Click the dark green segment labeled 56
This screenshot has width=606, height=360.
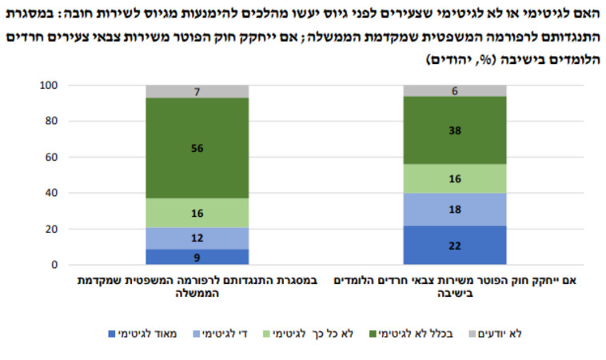[196, 148]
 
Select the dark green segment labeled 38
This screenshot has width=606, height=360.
[455, 130]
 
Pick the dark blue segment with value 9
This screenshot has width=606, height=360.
[196, 257]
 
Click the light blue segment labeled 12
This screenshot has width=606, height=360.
[196, 238]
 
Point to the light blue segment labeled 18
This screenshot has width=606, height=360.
[455, 209]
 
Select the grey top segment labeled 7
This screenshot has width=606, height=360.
[196, 91]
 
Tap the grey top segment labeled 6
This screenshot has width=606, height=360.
[455, 90]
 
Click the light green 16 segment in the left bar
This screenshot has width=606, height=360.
[196, 213]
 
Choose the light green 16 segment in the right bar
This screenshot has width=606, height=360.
[455, 178]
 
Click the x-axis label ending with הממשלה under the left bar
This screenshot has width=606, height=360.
[196, 287]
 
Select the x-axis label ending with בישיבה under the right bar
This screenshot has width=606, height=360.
[455, 287]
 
